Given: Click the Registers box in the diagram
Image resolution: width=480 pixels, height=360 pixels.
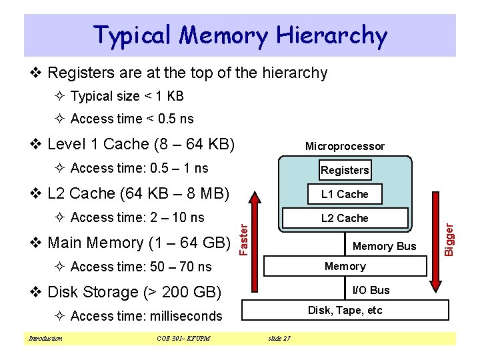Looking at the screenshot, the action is (x=345, y=169).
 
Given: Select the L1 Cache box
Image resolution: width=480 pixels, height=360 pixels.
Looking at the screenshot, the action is (x=344, y=194).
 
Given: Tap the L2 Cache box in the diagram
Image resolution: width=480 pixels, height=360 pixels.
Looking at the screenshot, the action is (x=344, y=218).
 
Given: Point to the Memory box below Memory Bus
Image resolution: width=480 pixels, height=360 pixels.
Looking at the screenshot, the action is (x=345, y=266).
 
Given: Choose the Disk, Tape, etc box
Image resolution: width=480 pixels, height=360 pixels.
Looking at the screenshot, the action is (x=345, y=310).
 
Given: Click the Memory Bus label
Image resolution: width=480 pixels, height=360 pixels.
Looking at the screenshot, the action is (x=384, y=246).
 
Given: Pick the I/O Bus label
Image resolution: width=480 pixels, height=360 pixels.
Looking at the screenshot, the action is (x=371, y=290).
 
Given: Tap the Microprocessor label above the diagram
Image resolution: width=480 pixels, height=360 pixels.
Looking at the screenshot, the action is (x=345, y=146).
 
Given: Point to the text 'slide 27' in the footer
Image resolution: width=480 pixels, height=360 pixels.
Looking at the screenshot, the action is (x=278, y=339).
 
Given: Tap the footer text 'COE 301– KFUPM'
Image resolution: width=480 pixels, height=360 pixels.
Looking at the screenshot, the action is (x=179, y=339).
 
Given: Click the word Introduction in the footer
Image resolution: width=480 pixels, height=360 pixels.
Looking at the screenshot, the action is (x=45, y=339).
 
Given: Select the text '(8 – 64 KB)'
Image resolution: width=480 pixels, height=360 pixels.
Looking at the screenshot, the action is (x=194, y=144).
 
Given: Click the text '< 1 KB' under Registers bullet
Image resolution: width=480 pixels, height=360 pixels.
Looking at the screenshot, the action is (x=163, y=96).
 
